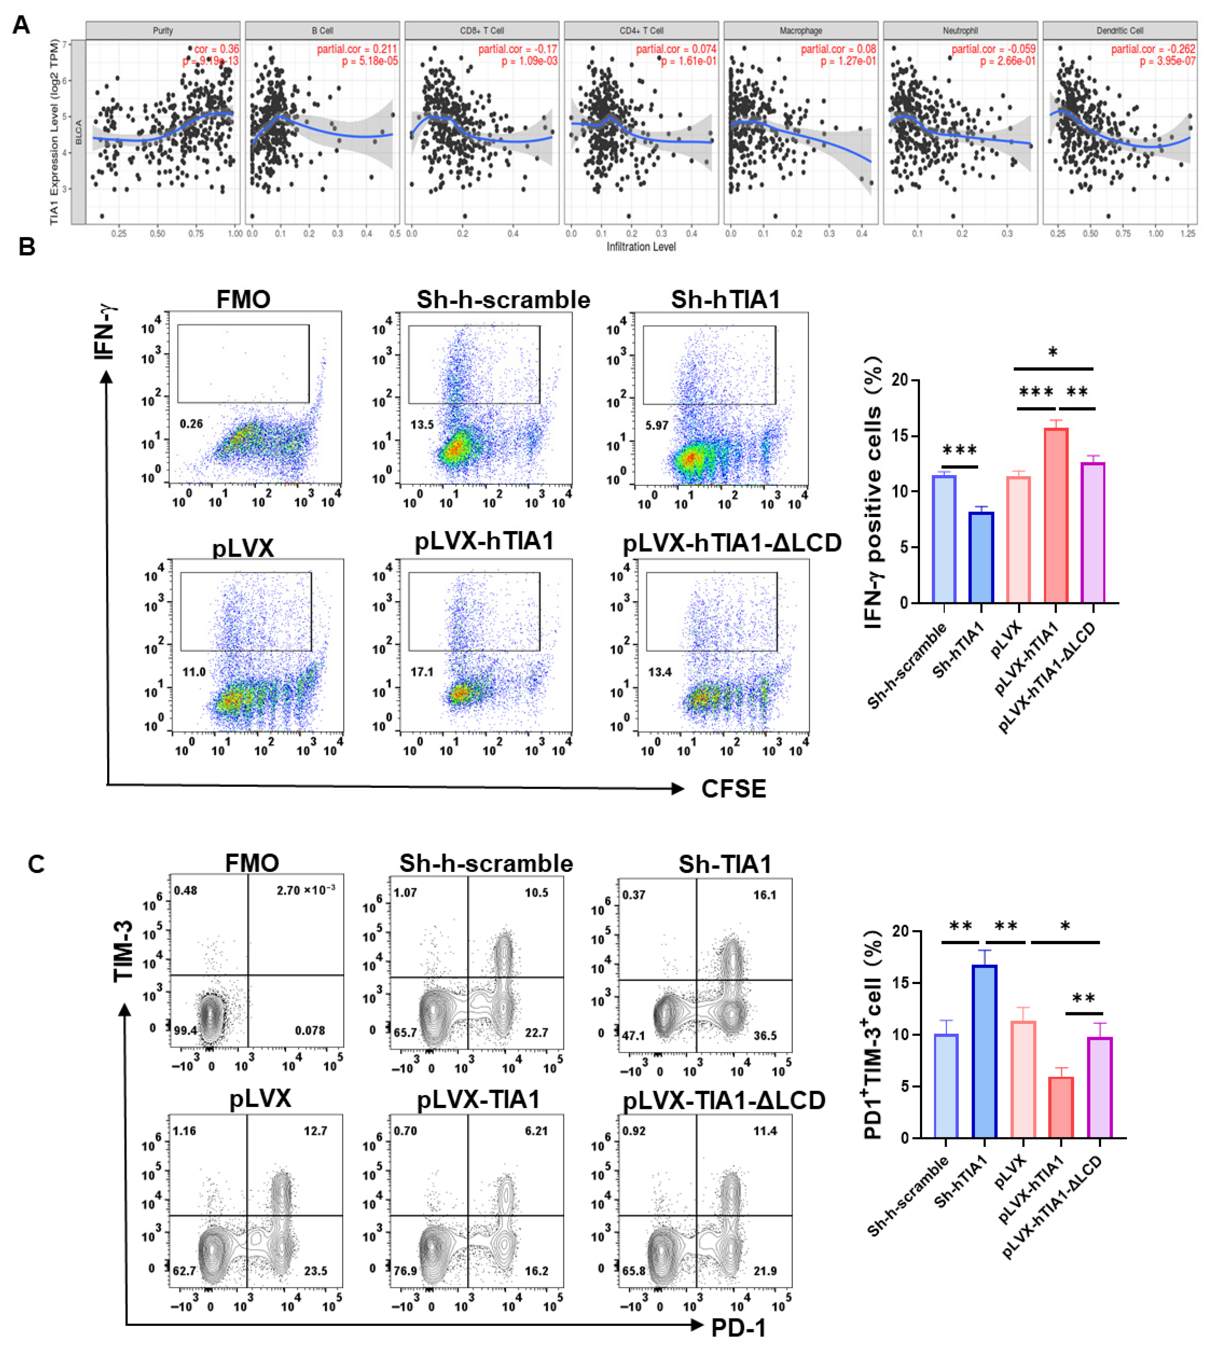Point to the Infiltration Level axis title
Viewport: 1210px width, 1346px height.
[641, 247]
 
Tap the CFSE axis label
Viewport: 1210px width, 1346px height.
[733, 789]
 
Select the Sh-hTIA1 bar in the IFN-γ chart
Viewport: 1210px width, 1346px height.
[981, 557]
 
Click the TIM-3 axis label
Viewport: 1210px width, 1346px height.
[124, 951]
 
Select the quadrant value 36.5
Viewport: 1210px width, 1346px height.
[765, 1036]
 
